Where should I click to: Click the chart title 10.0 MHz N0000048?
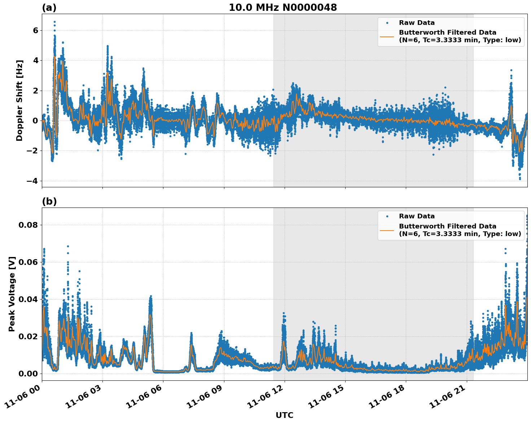(x=283, y=8)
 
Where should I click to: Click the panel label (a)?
(x=49, y=8)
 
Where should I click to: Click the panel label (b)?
(x=49, y=201)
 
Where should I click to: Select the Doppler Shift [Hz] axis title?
(x=19, y=100)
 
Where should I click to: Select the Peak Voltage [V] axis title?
(x=12, y=294)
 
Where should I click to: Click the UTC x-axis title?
(x=284, y=415)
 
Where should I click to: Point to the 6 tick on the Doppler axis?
(x=35, y=30)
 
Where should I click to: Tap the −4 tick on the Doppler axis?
(x=32, y=181)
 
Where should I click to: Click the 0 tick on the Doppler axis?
(x=35, y=121)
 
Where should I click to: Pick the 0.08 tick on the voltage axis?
(x=28, y=225)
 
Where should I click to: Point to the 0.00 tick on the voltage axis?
(x=28, y=374)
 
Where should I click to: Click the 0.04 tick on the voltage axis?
(x=28, y=299)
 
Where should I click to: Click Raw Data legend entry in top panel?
(x=417, y=23)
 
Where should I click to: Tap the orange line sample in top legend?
(x=387, y=36)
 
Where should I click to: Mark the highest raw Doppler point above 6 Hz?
(x=54, y=22)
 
